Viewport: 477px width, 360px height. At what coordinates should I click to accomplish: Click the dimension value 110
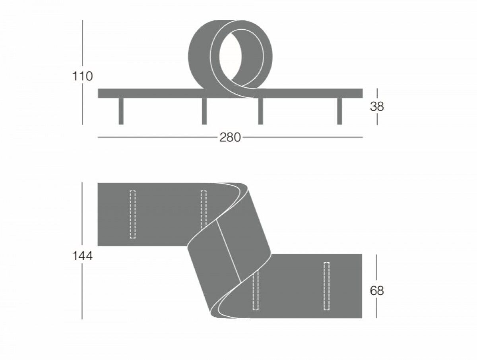[83, 76]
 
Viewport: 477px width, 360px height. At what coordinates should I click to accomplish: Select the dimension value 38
[377, 106]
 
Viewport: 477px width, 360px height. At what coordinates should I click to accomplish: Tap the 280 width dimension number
[230, 137]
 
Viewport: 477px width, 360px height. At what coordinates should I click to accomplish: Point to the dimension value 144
[83, 256]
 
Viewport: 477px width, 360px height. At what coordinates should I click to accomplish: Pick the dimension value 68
[377, 291]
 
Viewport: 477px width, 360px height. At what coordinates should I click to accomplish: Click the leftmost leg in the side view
[121, 111]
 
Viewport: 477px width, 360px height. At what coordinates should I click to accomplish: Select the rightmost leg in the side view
[339, 111]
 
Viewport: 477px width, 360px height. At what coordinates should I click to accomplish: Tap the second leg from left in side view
[204, 111]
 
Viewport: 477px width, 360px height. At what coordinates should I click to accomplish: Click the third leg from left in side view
[260, 111]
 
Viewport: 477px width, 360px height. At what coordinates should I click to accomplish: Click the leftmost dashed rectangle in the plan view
[133, 215]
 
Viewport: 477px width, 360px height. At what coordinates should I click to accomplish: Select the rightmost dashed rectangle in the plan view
[327, 286]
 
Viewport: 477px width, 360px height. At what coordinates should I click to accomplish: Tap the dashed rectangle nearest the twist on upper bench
[204, 209]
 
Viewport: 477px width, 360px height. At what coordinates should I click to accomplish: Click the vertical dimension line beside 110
[83, 44]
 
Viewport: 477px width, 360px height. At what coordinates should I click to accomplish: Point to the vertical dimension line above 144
[82, 215]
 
